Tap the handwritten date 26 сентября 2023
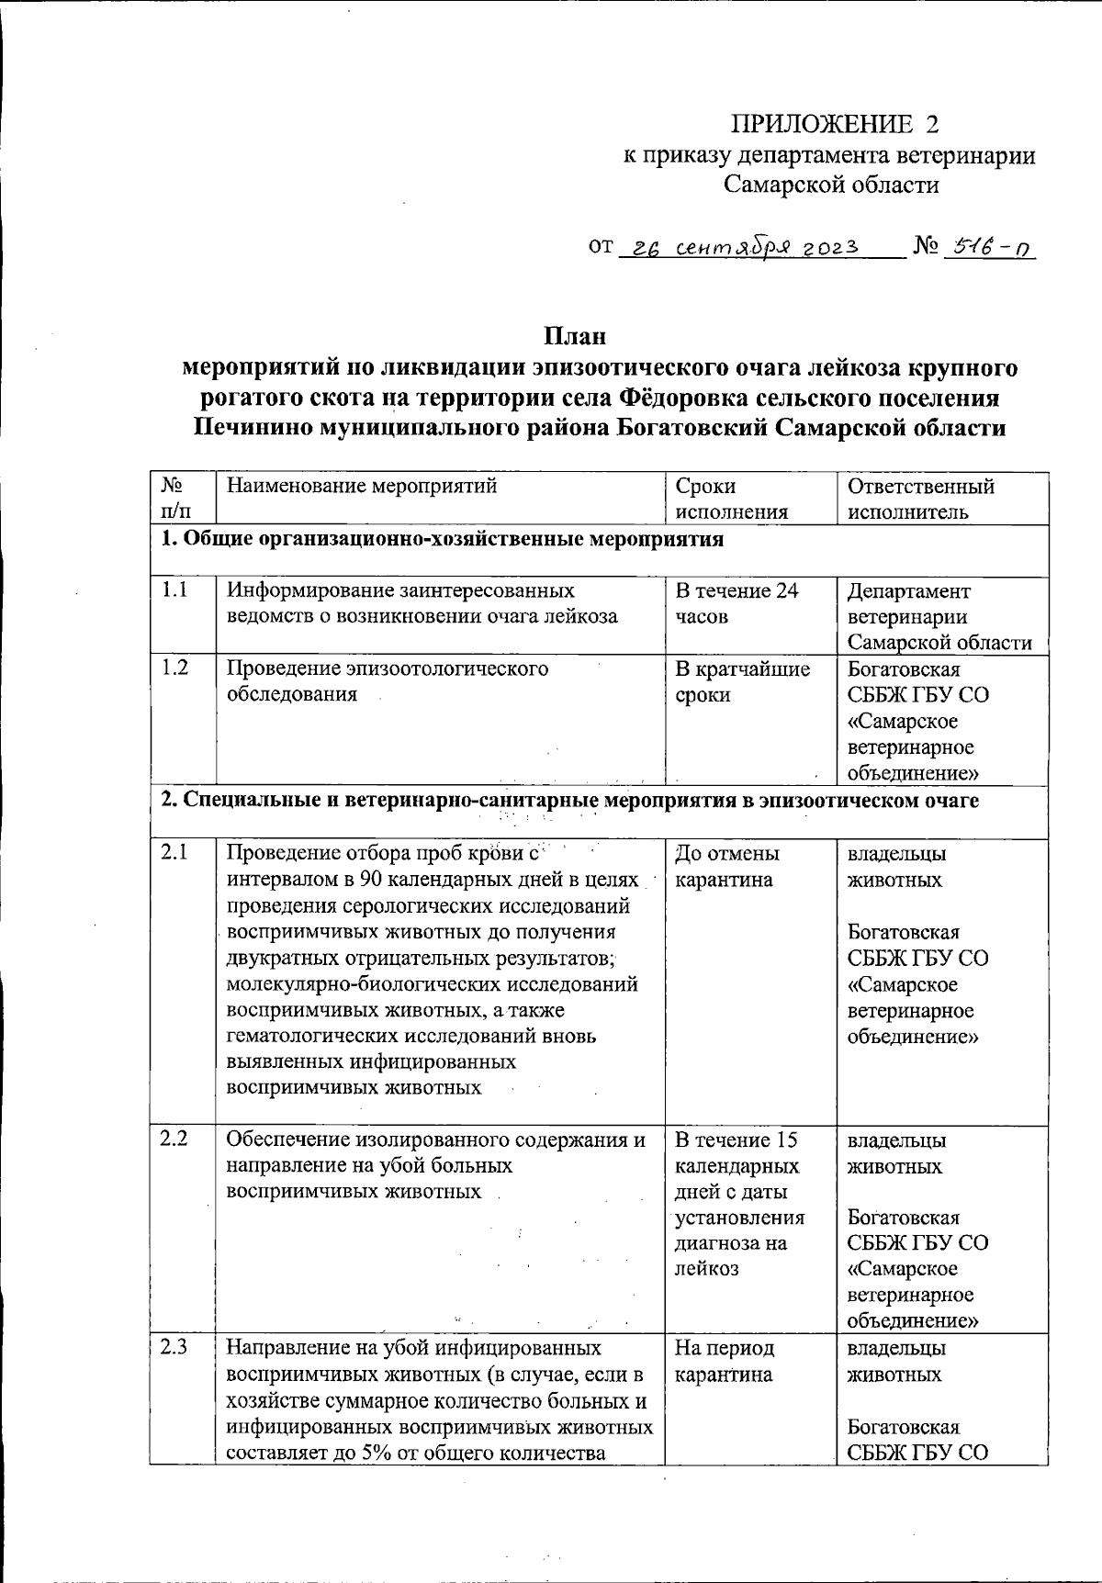click(x=739, y=247)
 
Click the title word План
click(x=575, y=336)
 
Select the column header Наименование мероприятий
click(x=362, y=487)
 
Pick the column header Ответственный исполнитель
click(x=920, y=499)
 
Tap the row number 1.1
click(x=174, y=590)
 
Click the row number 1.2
click(x=174, y=668)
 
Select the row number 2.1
click(x=174, y=853)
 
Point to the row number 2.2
click(x=174, y=1140)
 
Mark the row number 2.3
click(x=174, y=1348)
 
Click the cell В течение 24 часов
click(x=737, y=603)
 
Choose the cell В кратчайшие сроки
click(x=742, y=681)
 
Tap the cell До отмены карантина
click(x=726, y=866)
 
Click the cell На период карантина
click(x=724, y=1361)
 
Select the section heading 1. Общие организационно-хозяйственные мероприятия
click(x=442, y=539)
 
